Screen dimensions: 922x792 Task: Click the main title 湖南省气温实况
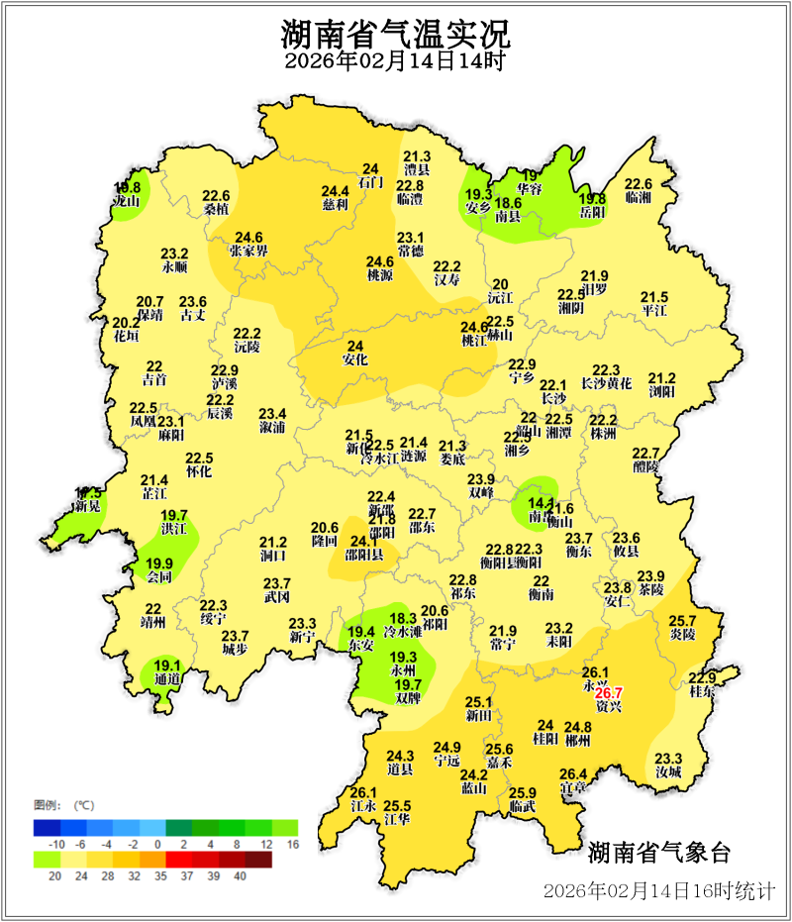click(395, 36)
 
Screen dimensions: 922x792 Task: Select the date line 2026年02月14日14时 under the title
click(395, 62)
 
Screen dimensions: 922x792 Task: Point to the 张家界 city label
click(248, 252)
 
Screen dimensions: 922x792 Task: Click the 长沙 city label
click(553, 398)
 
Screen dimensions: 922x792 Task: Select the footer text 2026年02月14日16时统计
click(658, 890)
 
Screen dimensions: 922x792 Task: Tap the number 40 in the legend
click(240, 875)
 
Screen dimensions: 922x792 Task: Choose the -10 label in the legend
click(57, 844)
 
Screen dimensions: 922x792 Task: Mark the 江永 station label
click(363, 806)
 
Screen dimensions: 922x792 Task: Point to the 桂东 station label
click(701, 692)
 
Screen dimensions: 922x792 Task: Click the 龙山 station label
click(126, 201)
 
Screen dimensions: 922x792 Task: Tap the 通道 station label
click(166, 679)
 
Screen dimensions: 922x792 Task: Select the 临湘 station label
click(639, 198)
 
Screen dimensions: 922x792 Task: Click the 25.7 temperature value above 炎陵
click(683, 620)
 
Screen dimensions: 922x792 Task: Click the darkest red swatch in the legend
click(257, 860)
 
